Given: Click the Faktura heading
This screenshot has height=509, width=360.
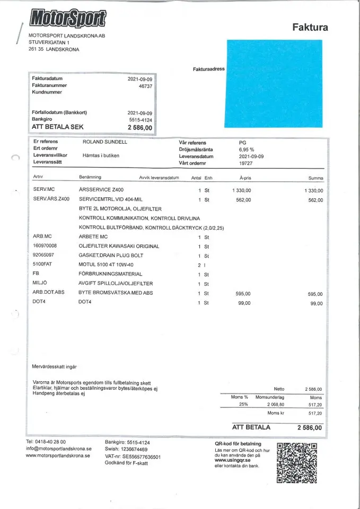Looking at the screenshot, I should [x=310, y=28].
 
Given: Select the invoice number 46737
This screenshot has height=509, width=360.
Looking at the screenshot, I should [x=145, y=85].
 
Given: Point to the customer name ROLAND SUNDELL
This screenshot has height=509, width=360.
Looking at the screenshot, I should [x=105, y=142].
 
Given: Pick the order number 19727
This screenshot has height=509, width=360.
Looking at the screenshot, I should [x=246, y=164].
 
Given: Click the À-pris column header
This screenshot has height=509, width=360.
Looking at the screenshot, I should [x=245, y=178].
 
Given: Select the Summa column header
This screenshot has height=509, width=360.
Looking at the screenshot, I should [x=315, y=178].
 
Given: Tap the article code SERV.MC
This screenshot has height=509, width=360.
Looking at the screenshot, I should [x=43, y=190].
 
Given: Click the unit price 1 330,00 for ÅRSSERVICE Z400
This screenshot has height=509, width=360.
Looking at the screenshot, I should [x=242, y=190].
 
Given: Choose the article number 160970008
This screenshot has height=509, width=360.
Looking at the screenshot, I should [x=45, y=246].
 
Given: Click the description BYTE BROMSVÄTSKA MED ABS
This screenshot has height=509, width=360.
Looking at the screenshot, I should [x=116, y=293].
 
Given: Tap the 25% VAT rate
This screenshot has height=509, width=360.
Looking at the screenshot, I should [x=243, y=404].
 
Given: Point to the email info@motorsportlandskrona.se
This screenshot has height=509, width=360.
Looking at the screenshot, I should [x=59, y=449].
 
